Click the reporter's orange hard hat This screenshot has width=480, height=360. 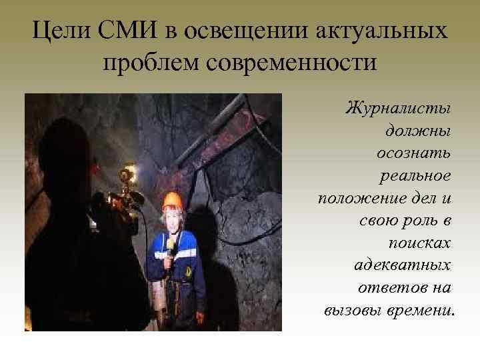173,199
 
